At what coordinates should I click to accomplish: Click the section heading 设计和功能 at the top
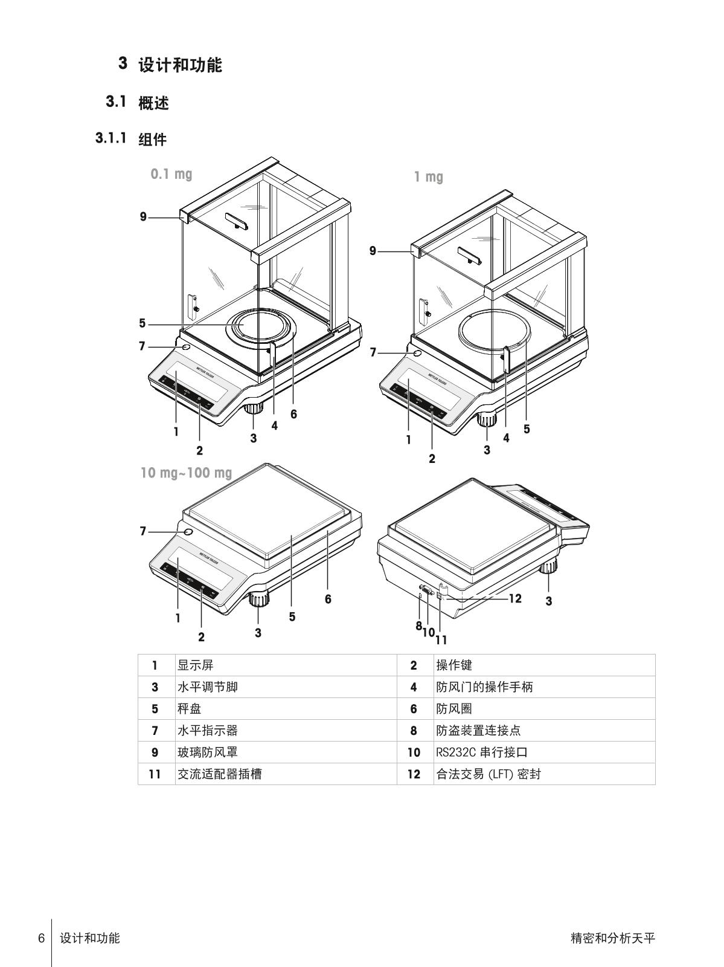(180, 65)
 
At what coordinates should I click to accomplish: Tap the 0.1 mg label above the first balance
(171, 174)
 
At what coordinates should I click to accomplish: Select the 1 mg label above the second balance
(428, 177)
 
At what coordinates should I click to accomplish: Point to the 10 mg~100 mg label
(186, 472)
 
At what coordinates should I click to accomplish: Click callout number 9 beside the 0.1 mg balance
(143, 216)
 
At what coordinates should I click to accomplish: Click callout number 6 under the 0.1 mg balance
(293, 414)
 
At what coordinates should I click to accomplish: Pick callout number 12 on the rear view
(514, 598)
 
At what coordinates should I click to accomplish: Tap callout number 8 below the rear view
(418, 626)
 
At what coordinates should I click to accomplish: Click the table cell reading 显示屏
(195, 665)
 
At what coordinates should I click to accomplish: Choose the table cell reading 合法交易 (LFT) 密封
(488, 774)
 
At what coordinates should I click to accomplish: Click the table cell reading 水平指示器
(207, 731)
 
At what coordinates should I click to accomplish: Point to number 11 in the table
(155, 774)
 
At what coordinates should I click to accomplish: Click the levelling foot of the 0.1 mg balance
(254, 407)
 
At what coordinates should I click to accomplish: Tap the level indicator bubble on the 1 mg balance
(416, 353)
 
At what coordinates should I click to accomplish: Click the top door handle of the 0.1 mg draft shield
(236, 221)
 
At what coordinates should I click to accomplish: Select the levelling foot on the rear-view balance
(549, 567)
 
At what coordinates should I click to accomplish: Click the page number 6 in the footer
(42, 939)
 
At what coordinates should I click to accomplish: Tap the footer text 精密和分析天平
(612, 939)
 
